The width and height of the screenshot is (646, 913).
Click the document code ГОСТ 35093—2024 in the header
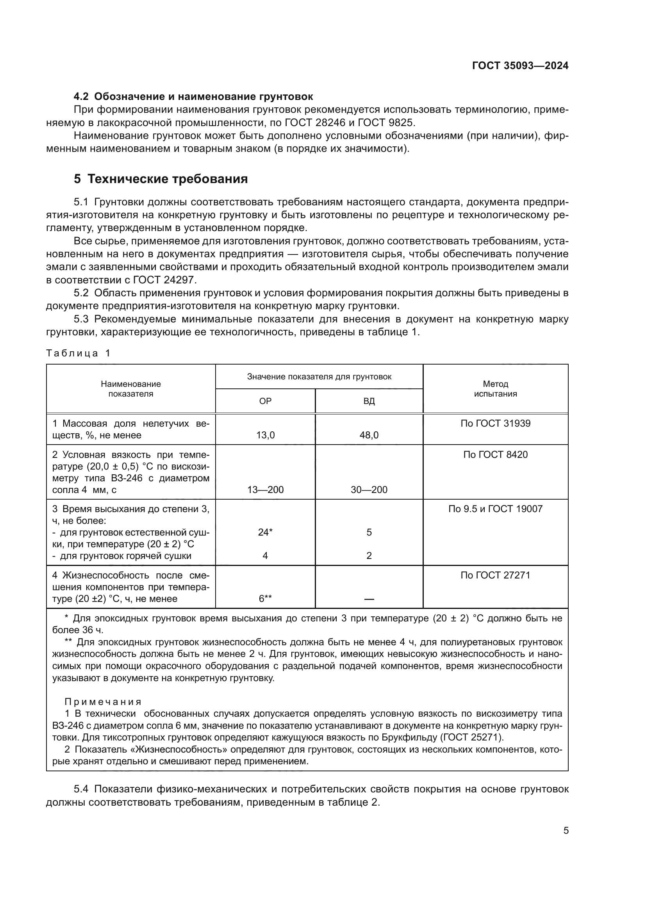click(520, 66)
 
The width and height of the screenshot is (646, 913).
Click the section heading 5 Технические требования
click(161, 179)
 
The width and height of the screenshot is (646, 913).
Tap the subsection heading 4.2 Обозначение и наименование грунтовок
click(193, 97)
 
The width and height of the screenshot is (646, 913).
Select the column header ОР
click(265, 401)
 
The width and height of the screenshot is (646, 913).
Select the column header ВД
click(369, 401)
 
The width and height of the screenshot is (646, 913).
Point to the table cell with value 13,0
click(265, 435)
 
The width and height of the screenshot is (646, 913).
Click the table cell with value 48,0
click(369, 435)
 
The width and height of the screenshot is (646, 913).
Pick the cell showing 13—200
click(265, 490)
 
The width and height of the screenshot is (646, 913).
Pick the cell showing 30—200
click(369, 490)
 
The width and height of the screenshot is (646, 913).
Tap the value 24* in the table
click(265, 532)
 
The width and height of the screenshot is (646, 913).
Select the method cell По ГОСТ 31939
click(495, 424)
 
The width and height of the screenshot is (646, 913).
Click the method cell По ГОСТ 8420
click(495, 454)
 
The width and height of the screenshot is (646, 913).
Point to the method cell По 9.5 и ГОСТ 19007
click(495, 509)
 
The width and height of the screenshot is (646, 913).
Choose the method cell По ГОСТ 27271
click(495, 575)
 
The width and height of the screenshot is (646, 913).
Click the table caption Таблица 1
click(78, 353)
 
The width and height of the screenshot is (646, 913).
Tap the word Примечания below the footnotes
click(103, 702)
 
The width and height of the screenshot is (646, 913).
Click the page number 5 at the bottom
click(566, 831)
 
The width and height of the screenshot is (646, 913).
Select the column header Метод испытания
click(495, 389)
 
